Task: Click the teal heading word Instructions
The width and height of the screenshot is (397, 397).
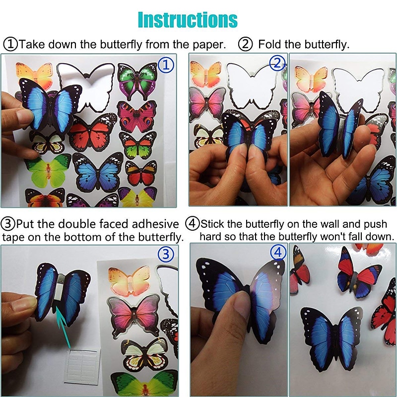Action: (188, 19)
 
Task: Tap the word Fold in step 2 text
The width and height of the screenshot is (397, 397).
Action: (271, 44)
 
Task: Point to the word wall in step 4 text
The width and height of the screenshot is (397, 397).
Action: (333, 223)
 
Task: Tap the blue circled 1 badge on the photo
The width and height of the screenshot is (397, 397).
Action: (166, 64)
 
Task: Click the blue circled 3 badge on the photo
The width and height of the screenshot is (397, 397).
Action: (166, 255)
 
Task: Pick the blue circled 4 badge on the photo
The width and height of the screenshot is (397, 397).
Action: (278, 253)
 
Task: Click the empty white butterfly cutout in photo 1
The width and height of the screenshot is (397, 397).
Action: (87, 86)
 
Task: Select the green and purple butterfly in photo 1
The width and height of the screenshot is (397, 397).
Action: (137, 79)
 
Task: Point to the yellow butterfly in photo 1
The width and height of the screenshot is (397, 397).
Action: (138, 197)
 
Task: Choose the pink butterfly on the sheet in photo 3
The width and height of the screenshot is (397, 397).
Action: (134, 316)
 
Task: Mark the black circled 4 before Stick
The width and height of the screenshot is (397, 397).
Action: (193, 223)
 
